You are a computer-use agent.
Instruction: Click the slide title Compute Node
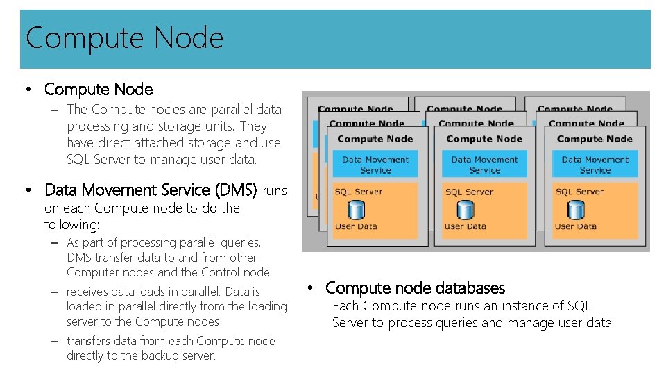tap(125, 37)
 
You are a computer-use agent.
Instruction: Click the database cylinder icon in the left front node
tap(356, 209)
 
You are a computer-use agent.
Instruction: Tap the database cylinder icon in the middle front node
tap(466, 209)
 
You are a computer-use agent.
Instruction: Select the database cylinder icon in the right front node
tap(575, 209)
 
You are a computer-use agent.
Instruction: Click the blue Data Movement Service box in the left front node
tap(375, 165)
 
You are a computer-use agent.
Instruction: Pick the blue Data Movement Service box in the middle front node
tap(484, 165)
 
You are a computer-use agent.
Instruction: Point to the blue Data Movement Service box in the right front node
tap(595, 165)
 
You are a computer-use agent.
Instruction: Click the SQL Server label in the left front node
tap(358, 192)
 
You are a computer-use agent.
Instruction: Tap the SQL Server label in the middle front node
tap(469, 192)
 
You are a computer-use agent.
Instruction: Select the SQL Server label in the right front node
tap(579, 192)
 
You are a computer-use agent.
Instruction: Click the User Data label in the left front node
tap(356, 226)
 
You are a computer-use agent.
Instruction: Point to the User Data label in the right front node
tap(575, 226)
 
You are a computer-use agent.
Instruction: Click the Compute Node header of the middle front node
tap(484, 139)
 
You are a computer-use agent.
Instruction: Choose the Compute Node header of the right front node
tap(595, 139)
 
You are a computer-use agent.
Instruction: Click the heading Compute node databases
tap(415, 287)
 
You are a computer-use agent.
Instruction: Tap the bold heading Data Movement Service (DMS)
tap(151, 190)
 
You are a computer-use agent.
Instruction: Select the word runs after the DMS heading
tap(275, 190)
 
